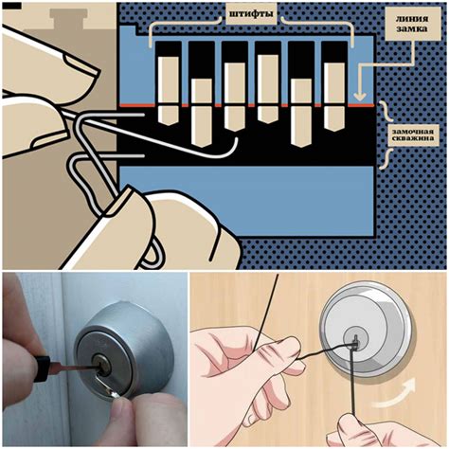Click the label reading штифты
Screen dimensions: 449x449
[251, 14]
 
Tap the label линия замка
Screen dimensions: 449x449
[412, 24]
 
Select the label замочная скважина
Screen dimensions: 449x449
[413, 135]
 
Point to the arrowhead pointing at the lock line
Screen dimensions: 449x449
[360, 96]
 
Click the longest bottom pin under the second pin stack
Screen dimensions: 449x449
[202, 127]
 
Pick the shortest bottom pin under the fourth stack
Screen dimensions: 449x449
[268, 115]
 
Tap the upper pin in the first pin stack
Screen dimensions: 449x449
[169, 80]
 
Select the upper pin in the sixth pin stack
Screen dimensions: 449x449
[334, 83]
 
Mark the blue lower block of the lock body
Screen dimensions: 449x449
[247, 201]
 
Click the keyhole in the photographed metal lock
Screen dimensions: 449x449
[104, 368]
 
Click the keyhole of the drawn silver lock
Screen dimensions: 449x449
[355, 342]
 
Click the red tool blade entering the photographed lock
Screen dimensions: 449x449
[73, 367]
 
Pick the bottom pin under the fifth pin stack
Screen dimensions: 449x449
[300, 127]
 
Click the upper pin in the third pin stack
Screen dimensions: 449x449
[235, 83]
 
